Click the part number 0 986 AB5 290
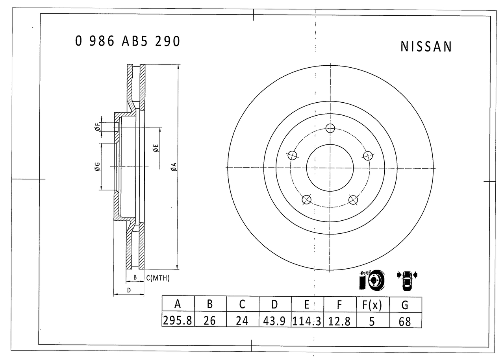tap(128, 41)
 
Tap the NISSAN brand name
tap(426, 47)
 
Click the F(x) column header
tap(372, 305)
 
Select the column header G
tap(405, 305)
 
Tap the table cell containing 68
tap(405, 321)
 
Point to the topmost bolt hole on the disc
tap(330, 128)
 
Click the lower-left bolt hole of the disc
tap(306, 200)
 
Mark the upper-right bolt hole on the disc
tap(368, 155)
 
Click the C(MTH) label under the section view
tap(158, 278)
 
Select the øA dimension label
tap(173, 167)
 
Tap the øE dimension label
tap(156, 148)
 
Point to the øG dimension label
tap(97, 166)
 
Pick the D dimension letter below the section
tap(129, 290)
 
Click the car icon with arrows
tap(407, 280)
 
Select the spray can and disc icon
tap(371, 280)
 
